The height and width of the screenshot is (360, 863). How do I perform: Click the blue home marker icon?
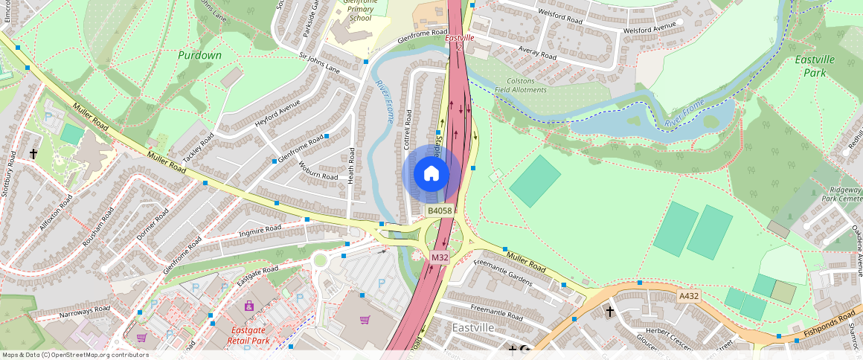(431, 174)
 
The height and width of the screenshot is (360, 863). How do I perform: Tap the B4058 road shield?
(439, 211)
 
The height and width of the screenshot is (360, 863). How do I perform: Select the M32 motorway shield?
(440, 257)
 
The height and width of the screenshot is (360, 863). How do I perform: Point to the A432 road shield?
(688, 296)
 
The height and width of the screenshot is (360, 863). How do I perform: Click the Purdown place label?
(199, 55)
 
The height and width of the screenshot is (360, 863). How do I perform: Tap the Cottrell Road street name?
(408, 130)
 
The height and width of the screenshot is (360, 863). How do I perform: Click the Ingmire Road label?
(260, 230)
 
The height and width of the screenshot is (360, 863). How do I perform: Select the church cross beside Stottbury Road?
(33, 154)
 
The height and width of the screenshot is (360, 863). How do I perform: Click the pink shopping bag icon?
(249, 306)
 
